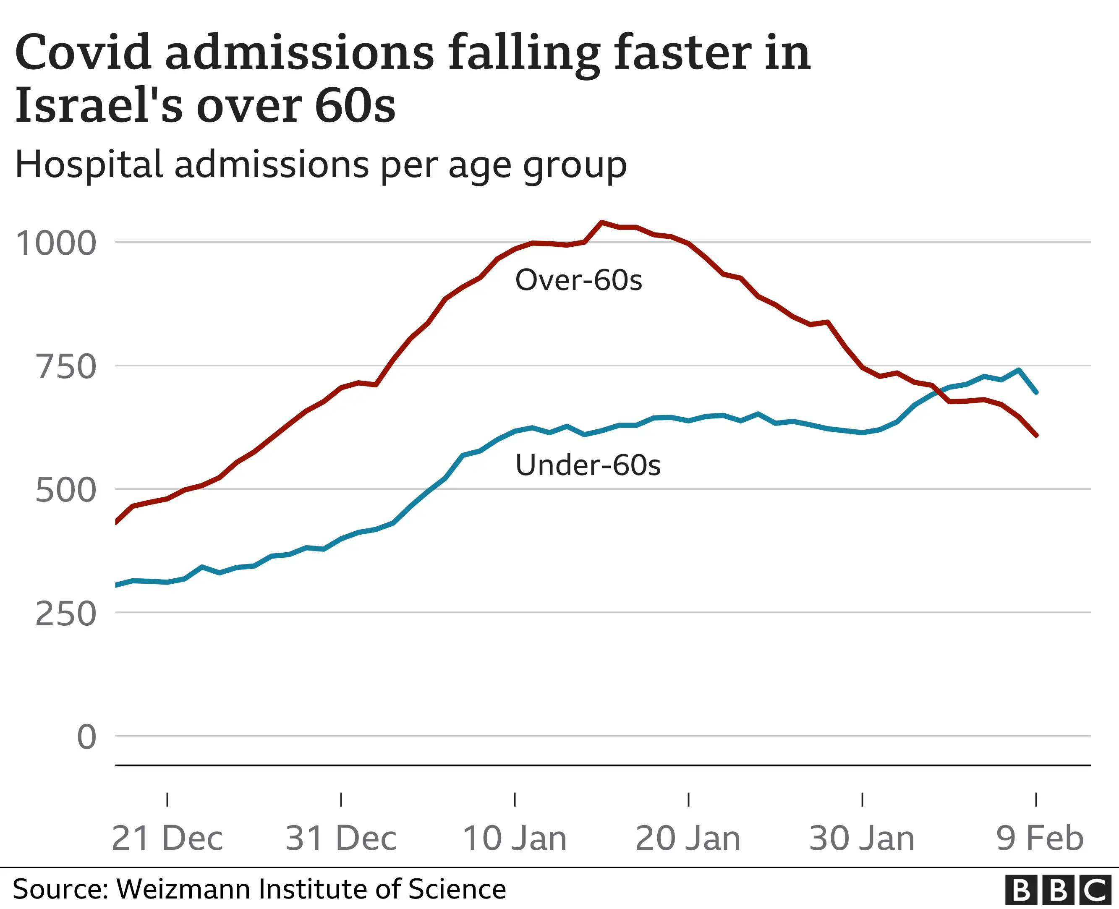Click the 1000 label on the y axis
[x=56, y=243]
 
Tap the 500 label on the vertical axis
[x=66, y=491]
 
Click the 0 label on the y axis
[x=87, y=737]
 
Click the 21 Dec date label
[x=167, y=838]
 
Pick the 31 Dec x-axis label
[x=341, y=838]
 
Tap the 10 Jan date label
[x=515, y=838]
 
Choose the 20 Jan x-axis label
[x=688, y=838]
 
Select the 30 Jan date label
[x=862, y=838]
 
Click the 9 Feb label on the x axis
[x=1039, y=838]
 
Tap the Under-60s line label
[x=588, y=465]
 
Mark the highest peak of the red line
[x=601, y=222]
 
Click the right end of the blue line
[x=1036, y=392]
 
